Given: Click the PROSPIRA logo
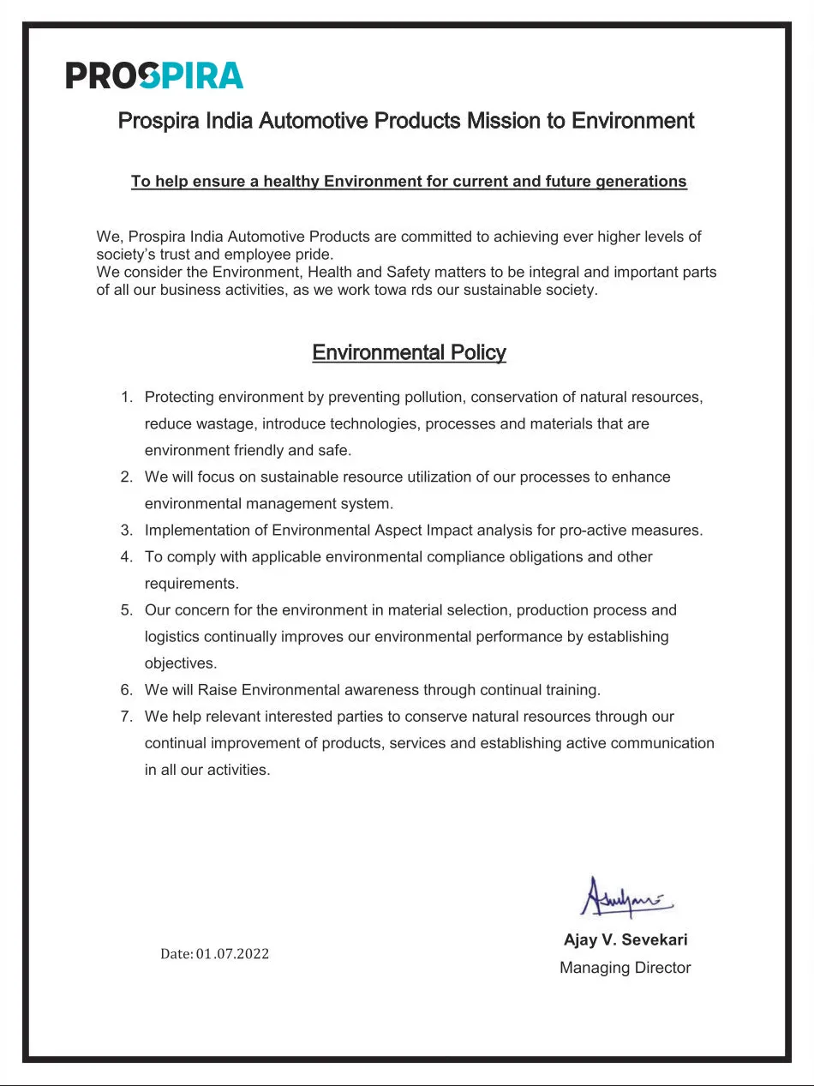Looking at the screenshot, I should (x=154, y=75).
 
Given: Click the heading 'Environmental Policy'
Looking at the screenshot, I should (x=409, y=352).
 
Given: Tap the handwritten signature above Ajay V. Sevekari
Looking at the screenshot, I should (x=626, y=897).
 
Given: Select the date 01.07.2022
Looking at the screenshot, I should (x=232, y=954).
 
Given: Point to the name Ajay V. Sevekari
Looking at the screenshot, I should (x=625, y=939).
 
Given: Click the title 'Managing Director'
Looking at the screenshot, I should (x=625, y=968).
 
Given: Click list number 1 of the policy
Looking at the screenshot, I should (x=127, y=397).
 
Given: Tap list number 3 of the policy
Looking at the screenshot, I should (x=127, y=530).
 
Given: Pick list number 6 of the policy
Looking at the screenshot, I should (x=127, y=689).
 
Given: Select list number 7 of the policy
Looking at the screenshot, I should (x=127, y=716).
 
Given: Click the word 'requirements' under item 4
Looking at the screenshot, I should (x=190, y=583).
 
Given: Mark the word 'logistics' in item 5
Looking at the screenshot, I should (x=172, y=637).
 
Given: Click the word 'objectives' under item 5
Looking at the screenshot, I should (x=180, y=663).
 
